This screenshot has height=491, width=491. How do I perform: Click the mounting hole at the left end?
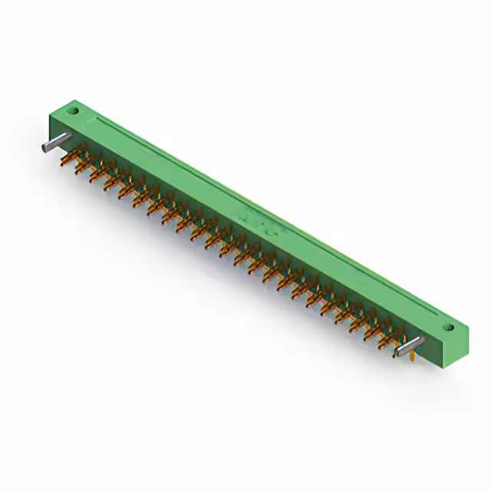(x=76, y=111)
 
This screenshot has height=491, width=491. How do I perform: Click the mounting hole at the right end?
(x=451, y=329)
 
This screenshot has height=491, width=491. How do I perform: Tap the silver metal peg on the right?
(x=410, y=346)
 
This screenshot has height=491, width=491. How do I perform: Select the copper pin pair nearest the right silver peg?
(x=391, y=338)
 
